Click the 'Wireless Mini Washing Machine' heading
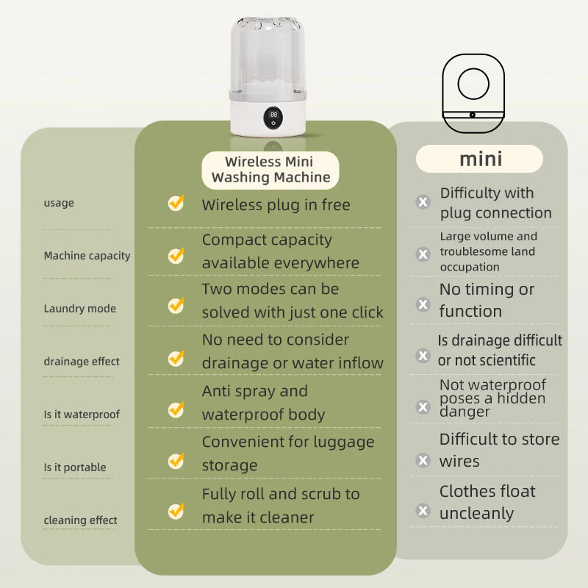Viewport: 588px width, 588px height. coord(270,170)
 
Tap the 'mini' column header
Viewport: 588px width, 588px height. coord(480,159)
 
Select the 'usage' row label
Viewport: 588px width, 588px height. coord(59,203)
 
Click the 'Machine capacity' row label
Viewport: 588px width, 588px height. coord(87,256)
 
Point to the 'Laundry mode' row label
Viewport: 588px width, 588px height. coord(79,309)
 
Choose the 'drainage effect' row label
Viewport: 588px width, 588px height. coord(81,362)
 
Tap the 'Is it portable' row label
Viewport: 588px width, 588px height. coord(74,467)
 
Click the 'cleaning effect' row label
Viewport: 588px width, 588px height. coord(81,520)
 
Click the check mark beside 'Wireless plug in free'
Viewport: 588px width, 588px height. coord(176,204)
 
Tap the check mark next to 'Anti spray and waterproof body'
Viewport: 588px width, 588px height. coord(176,409)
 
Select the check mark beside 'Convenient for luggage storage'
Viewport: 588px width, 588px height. coord(176,461)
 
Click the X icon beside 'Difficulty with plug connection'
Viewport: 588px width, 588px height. coord(423,202)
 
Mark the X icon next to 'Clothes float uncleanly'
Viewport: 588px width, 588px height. coord(423,510)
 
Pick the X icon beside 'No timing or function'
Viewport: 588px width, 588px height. coord(423,304)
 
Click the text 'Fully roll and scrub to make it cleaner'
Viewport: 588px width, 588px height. coord(281,506)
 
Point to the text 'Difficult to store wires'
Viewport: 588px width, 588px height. coord(499,450)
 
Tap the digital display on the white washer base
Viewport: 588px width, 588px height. coord(273,115)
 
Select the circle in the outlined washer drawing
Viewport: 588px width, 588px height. coord(473,85)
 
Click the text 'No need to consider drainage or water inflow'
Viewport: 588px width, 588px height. coord(292,351)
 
